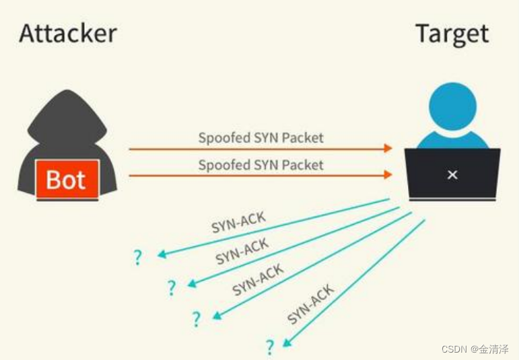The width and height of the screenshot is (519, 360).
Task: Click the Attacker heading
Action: pyautogui.click(x=67, y=33)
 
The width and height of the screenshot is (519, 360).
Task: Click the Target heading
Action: pyautogui.click(x=452, y=33)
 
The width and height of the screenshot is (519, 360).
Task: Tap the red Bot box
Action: pyautogui.click(x=67, y=180)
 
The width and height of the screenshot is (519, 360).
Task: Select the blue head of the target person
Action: pyautogui.click(x=452, y=108)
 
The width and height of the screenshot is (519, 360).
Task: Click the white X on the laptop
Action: pyautogui.click(x=452, y=175)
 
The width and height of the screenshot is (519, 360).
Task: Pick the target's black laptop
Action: pyautogui.click(x=452, y=174)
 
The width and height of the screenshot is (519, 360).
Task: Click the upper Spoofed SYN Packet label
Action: pyautogui.click(x=261, y=138)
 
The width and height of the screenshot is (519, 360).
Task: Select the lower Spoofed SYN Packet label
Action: pyautogui.click(x=261, y=165)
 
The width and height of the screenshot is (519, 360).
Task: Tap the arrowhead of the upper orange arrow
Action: pyautogui.click(x=388, y=148)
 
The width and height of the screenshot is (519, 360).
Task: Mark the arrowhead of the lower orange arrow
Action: pyautogui.click(x=388, y=175)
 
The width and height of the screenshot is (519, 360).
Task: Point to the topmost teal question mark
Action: pyautogui.click(x=138, y=257)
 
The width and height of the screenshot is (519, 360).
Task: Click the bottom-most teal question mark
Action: pyautogui.click(x=270, y=347)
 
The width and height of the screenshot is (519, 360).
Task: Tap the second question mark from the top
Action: pyautogui.click(x=172, y=288)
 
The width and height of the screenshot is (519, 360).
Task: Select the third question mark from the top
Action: pyautogui.click(x=196, y=319)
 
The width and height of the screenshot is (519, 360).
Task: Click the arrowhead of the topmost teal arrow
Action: pyautogui.click(x=161, y=255)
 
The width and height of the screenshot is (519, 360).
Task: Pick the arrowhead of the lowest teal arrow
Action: pyautogui.click(x=287, y=343)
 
